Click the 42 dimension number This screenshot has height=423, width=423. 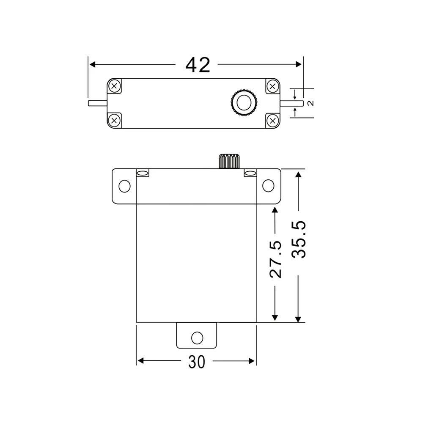tap(198, 65)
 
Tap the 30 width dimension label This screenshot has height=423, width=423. tap(197, 362)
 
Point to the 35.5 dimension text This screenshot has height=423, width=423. tap(299, 239)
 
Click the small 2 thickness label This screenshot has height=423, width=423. tap(311, 103)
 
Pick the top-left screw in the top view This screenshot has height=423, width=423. tap(114, 86)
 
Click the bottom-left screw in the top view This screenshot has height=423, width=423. tap(114, 120)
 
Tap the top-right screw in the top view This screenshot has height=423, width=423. tap(273, 86)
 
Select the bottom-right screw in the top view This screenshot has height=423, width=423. tap(273, 121)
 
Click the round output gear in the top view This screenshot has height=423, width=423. tap(244, 103)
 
